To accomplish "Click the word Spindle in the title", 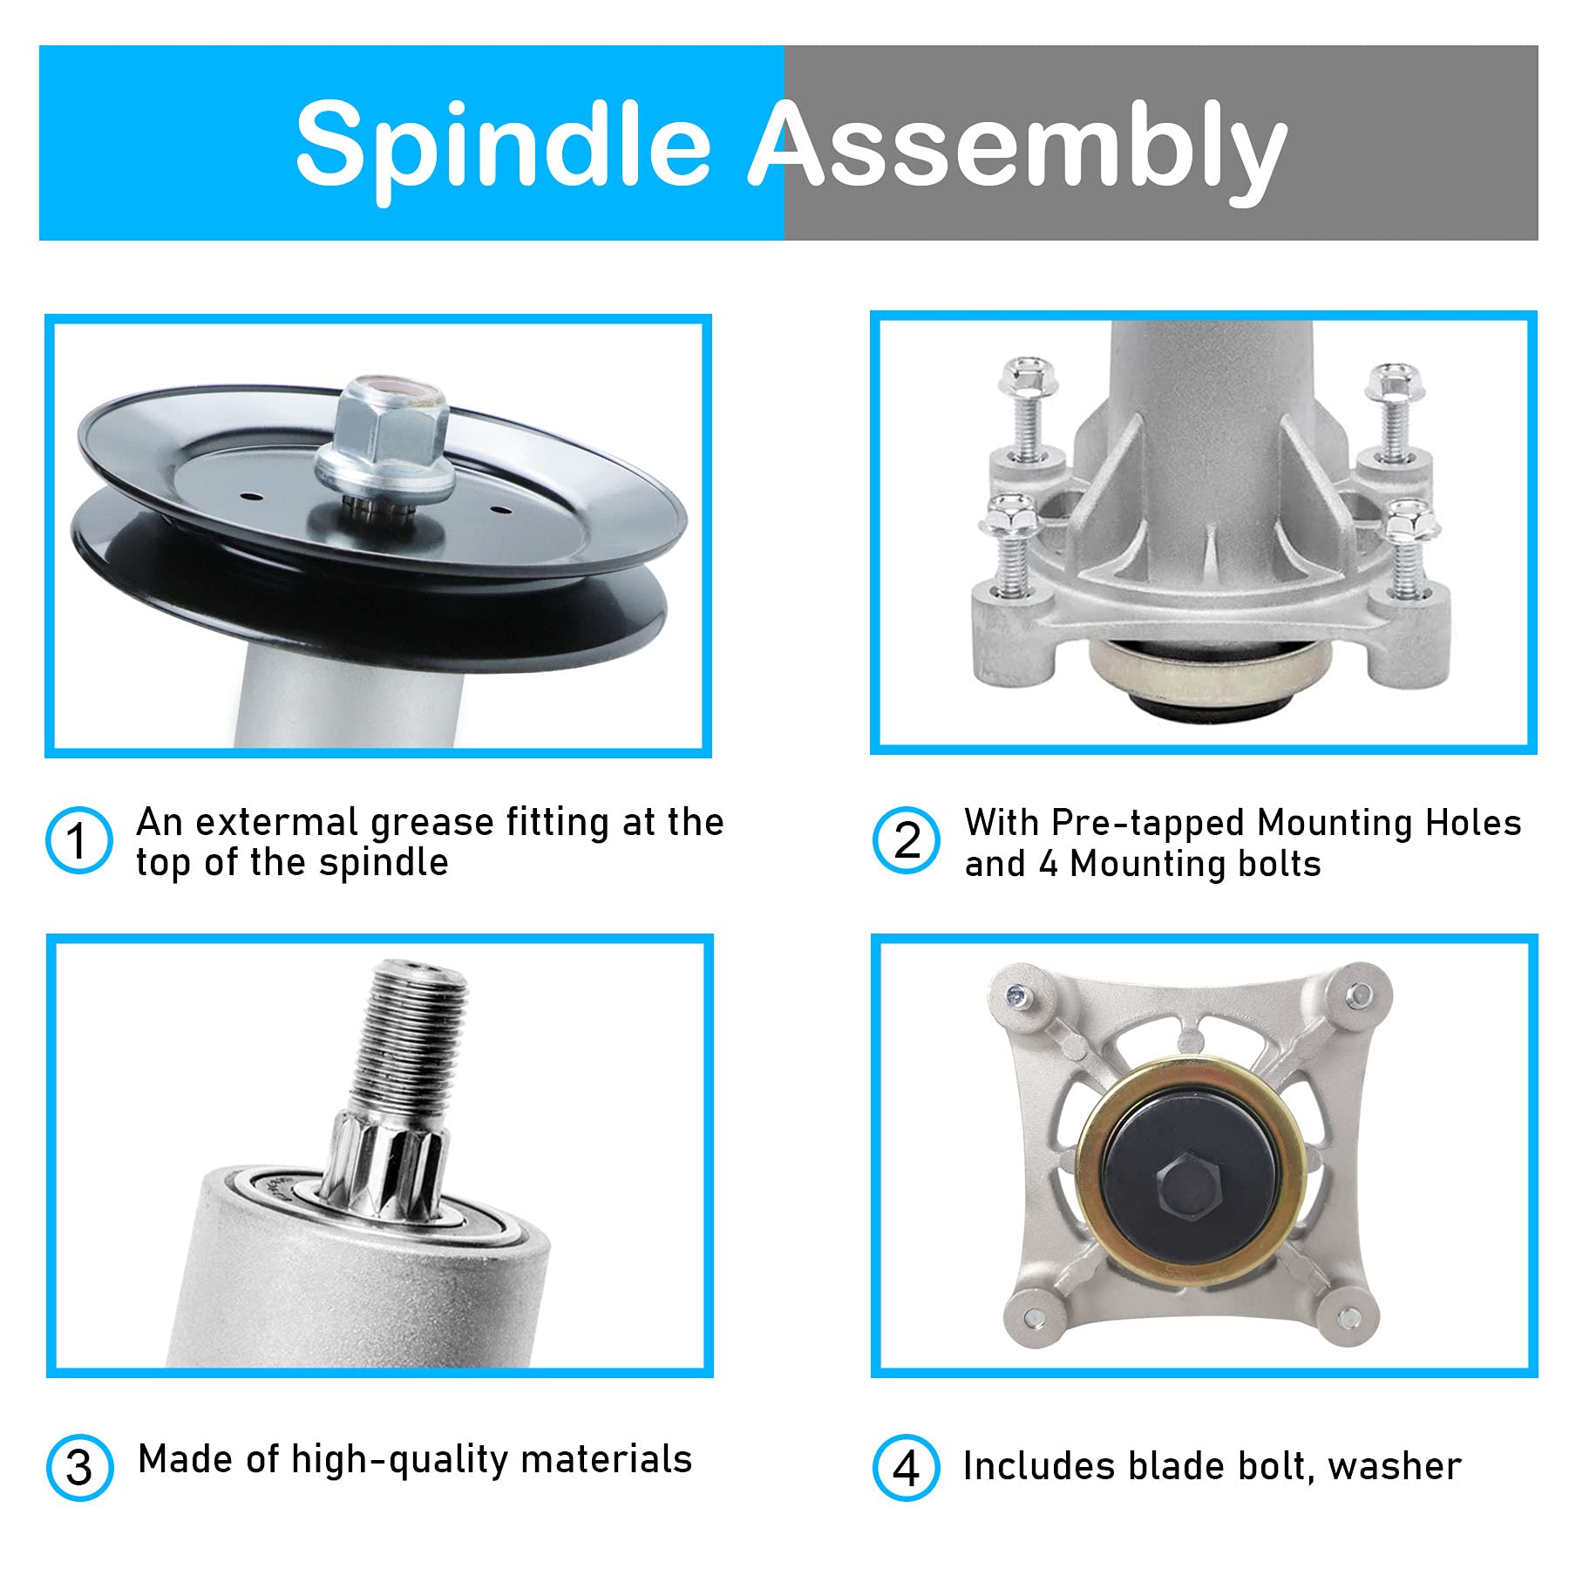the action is coord(504,144).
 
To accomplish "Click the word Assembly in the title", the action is coord(1018,144).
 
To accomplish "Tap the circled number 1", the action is coord(78,840).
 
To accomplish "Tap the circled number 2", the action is coord(907,840).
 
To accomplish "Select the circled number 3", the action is coord(79,1468).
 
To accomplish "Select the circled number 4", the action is coord(907,1468).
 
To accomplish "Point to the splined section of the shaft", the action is coord(385,1158).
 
